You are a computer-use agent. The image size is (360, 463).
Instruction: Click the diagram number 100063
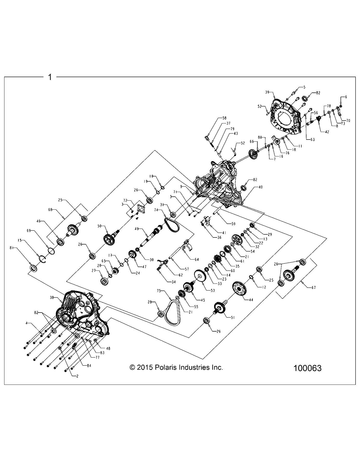click(x=307, y=368)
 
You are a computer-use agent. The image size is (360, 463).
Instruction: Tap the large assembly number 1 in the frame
click(x=50, y=77)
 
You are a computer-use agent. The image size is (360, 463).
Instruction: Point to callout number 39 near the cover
click(x=267, y=92)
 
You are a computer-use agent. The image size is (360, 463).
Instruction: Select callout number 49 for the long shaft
click(x=137, y=229)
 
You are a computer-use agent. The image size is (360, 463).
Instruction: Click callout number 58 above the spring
click(x=224, y=118)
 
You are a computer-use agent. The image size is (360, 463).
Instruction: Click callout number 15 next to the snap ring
click(x=19, y=241)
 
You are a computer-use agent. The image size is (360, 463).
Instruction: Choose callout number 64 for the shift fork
click(x=196, y=259)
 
